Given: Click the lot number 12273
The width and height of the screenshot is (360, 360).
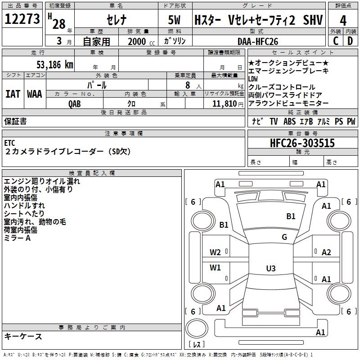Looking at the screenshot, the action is (22, 19).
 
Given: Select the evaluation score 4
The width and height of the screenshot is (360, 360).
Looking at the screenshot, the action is (343, 20).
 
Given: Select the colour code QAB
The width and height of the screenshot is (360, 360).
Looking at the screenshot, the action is (75, 103).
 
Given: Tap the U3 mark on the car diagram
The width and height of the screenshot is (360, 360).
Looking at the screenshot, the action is (270, 269).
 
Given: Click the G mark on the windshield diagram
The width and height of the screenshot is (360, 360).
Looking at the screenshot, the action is (284, 237).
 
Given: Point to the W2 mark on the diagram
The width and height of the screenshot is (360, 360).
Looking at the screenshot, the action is (215, 252).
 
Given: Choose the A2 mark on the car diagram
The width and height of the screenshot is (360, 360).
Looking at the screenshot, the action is (326, 252).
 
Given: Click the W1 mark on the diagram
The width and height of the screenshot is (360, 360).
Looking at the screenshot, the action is (215, 268).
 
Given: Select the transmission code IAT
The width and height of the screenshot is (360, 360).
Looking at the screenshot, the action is (13, 94).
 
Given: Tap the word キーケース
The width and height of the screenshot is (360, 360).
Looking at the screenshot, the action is (23, 336).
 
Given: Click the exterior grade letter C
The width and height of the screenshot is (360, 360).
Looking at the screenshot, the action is (335, 41).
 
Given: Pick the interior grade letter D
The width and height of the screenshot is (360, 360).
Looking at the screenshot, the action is (350, 41).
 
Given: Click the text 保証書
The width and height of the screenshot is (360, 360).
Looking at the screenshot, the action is (15, 121).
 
